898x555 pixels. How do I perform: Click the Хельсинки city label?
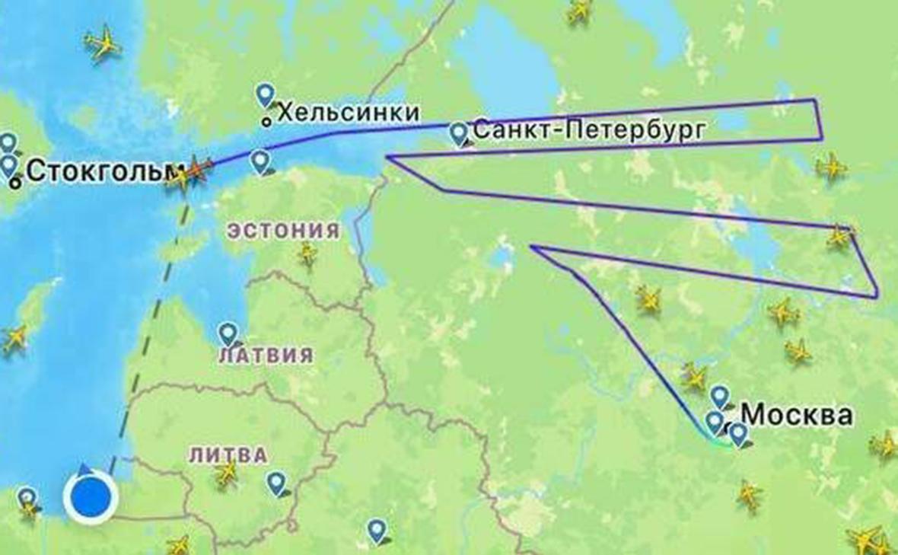pyautogui.click(x=349, y=113)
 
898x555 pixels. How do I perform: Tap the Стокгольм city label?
pyautogui.click(x=95, y=172)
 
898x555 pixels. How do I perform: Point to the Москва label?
pyautogui.click(x=797, y=415)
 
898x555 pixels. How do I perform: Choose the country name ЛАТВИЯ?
pyautogui.click(x=266, y=356)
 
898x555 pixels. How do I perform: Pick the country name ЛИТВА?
pyautogui.click(x=228, y=455)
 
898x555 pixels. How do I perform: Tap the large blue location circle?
pyautogui.click(x=91, y=498)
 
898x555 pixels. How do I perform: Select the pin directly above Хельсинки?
pyautogui.click(x=265, y=94)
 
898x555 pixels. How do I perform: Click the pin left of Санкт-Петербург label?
pyautogui.click(x=458, y=133)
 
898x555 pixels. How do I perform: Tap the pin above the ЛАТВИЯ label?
pyautogui.click(x=228, y=333)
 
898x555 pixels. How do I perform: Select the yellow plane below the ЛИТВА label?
pyautogui.click(x=226, y=474)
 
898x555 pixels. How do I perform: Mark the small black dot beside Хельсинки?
pyautogui.click(x=266, y=121)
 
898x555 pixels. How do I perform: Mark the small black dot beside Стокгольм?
pyautogui.click(x=15, y=183)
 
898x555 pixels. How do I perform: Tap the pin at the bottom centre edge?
pyautogui.click(x=377, y=530)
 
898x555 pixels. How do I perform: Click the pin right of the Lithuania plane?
pyautogui.click(x=276, y=483)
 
